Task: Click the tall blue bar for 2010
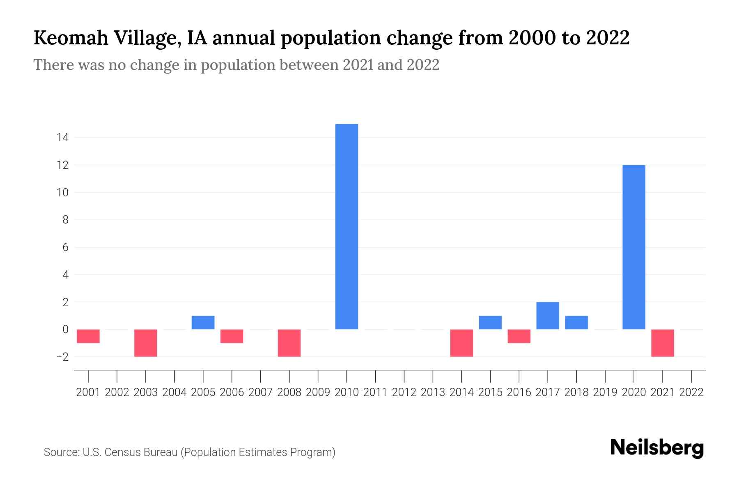click(347, 226)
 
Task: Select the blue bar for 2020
click(634, 247)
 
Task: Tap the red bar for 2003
click(146, 343)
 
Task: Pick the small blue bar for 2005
click(203, 323)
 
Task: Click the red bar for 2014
click(461, 343)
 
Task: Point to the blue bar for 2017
click(548, 316)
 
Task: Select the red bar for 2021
click(663, 343)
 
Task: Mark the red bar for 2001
click(88, 336)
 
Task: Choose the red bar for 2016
click(519, 336)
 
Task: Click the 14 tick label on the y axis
click(62, 138)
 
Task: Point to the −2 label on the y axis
click(62, 357)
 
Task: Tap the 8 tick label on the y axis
click(65, 220)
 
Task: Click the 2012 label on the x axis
click(404, 392)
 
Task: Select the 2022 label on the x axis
click(691, 392)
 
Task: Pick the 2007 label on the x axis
click(260, 392)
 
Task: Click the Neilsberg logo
click(657, 448)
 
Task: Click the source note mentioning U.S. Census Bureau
click(189, 452)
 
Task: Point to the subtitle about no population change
click(236, 65)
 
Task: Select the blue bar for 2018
click(576, 323)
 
